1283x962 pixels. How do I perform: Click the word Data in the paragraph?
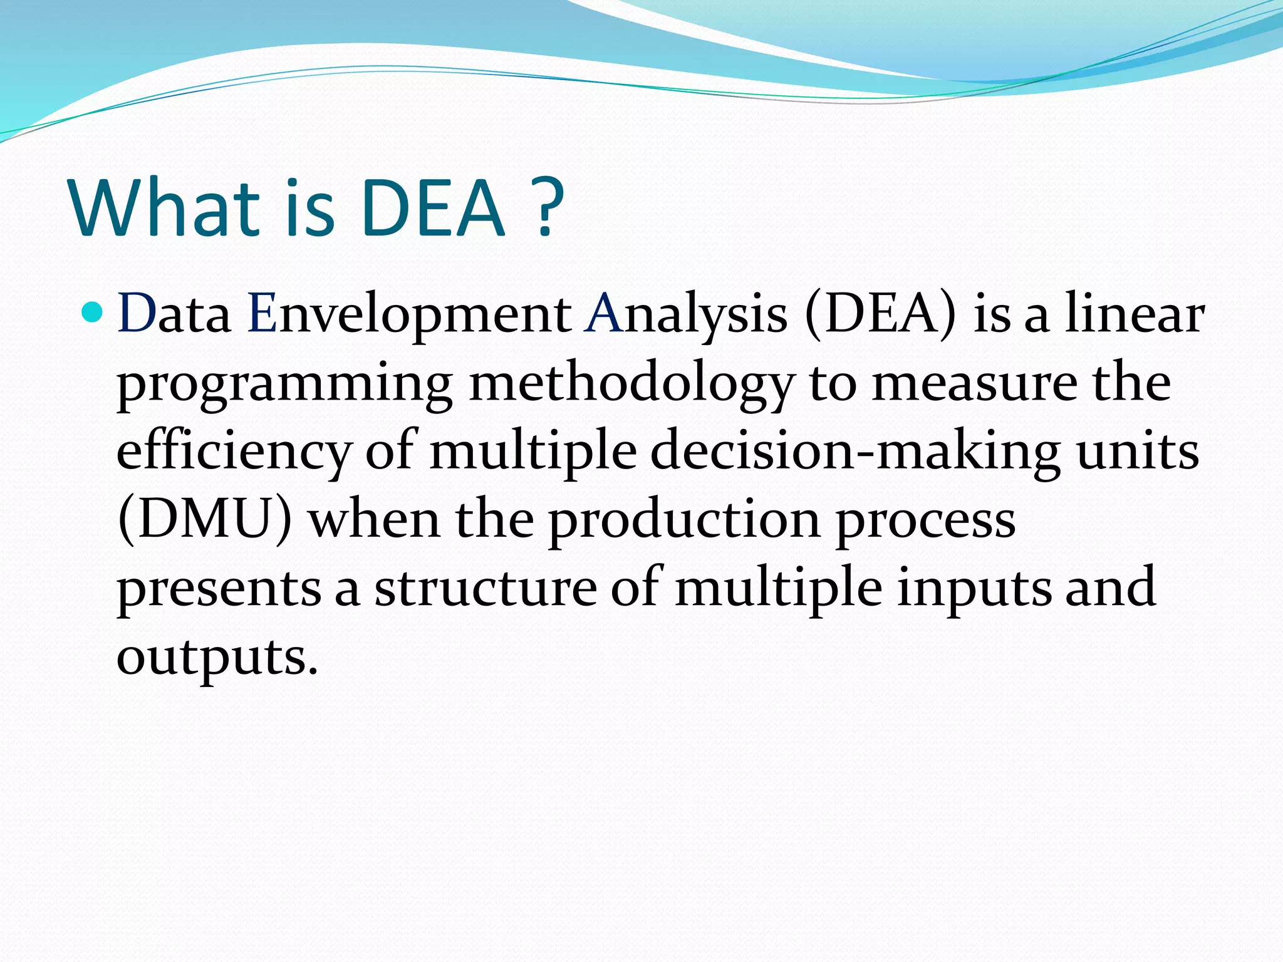point(174,313)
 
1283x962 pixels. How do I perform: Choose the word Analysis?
point(686,313)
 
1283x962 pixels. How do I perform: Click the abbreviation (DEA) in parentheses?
point(881,313)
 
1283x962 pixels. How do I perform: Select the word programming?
point(285,383)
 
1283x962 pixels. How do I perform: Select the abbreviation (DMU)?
point(204,520)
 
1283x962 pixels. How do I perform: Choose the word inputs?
point(974,589)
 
